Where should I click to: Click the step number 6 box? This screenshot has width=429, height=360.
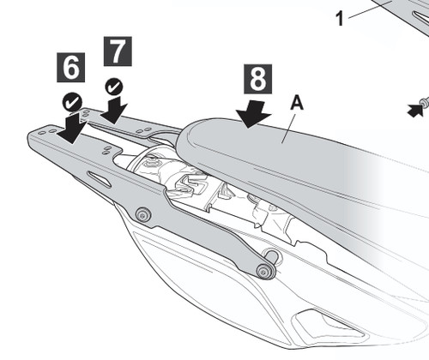coord(70,68)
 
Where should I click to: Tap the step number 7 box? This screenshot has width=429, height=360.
coord(118,51)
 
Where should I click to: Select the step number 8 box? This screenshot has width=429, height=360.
coord(257,79)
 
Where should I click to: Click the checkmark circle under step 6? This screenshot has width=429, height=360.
coord(72,102)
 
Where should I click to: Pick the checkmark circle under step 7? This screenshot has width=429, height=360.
coord(114,87)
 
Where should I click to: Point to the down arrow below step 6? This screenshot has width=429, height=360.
coord(71,127)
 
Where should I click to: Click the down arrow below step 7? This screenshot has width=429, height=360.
coord(114,110)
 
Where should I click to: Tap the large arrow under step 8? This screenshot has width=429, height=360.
coord(253,114)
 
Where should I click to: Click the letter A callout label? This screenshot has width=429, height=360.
coord(297,103)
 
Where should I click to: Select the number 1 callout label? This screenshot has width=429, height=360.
coord(340,19)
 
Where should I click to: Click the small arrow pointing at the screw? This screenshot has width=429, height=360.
coord(414,110)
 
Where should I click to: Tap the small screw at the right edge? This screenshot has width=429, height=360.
coord(424,103)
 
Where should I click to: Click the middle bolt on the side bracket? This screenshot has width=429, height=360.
coord(143,215)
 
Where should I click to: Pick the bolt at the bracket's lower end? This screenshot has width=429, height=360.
coord(264,271)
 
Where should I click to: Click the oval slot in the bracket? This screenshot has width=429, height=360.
coord(100,179)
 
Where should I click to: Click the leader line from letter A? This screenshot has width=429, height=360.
coord(288,127)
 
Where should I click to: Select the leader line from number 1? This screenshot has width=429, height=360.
coord(371,10)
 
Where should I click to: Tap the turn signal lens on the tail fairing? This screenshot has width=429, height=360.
coord(328,324)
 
